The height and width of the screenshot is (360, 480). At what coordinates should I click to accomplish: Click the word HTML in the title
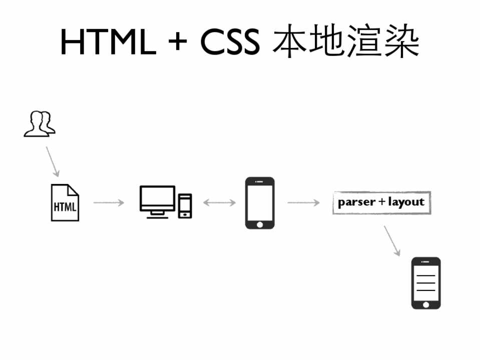coord(108,42)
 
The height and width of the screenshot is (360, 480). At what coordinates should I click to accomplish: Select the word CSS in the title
coord(230,42)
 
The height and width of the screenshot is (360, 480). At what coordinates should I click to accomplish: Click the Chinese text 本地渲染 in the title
coord(346,42)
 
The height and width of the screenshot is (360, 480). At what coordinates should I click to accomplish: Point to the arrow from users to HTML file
coord(53,161)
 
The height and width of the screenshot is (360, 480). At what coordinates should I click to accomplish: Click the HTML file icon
coord(65,202)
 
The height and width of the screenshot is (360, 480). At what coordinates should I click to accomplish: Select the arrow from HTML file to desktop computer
coord(108,202)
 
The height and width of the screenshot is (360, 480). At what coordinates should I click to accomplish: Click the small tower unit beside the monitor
coord(185,205)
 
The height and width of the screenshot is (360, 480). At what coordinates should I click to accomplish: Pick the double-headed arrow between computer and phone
coord(219,202)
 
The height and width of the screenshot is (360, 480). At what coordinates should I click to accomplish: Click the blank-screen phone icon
coord(260,202)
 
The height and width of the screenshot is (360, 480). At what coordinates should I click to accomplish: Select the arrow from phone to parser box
coord(303,202)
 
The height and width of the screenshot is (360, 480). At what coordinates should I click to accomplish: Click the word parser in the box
coord(356,202)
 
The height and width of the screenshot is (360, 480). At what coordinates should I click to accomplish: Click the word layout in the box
coord(406,202)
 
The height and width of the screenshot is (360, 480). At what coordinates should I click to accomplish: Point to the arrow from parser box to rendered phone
coord(392,240)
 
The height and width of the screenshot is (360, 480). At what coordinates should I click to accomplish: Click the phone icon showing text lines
coord(426,282)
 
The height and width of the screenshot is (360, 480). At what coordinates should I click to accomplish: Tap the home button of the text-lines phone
coord(426,304)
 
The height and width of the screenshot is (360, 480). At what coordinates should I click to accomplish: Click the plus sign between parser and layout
coord(382,202)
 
